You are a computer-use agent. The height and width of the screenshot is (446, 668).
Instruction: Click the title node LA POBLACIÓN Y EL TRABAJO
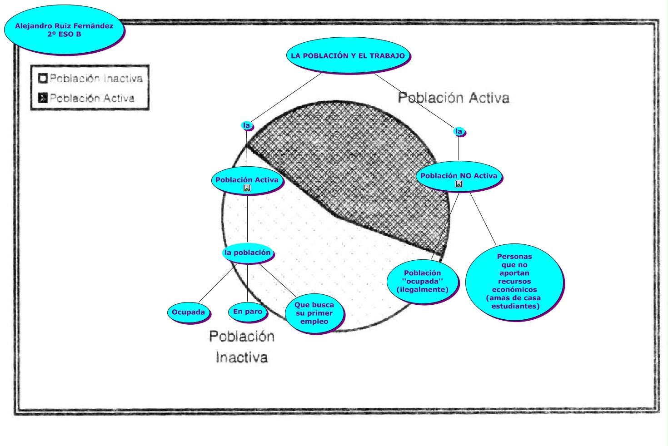click(x=348, y=55)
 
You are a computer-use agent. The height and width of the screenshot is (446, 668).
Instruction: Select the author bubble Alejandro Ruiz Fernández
click(x=64, y=30)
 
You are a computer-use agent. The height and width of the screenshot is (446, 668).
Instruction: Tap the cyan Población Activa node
click(x=247, y=180)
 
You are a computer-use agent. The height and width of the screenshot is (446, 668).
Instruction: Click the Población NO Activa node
click(x=459, y=176)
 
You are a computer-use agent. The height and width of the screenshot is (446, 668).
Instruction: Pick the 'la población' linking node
click(x=248, y=253)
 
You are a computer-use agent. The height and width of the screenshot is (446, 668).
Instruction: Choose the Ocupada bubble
click(x=188, y=312)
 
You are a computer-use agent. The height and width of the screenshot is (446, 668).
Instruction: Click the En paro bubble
click(x=248, y=312)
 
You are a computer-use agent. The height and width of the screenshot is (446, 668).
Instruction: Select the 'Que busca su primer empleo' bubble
click(x=314, y=313)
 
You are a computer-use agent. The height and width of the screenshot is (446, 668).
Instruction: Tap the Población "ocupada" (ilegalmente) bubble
click(x=422, y=281)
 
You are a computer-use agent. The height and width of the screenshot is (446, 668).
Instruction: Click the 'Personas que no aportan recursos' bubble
click(x=514, y=281)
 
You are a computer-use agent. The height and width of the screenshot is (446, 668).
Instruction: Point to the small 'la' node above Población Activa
click(x=246, y=125)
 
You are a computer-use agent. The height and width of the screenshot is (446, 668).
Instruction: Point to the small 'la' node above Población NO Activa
click(x=459, y=132)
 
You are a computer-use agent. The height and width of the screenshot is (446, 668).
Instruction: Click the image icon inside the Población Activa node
click(x=247, y=188)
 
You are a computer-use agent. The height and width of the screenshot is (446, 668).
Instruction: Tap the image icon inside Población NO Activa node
click(x=459, y=184)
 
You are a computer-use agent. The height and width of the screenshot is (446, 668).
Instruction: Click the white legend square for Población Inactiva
click(x=43, y=79)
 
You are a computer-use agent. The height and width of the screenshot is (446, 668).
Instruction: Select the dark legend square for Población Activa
click(x=43, y=98)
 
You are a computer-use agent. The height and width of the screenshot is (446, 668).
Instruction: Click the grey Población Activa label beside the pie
click(x=454, y=98)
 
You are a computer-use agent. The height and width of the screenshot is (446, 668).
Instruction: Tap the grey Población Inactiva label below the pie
click(x=242, y=347)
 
